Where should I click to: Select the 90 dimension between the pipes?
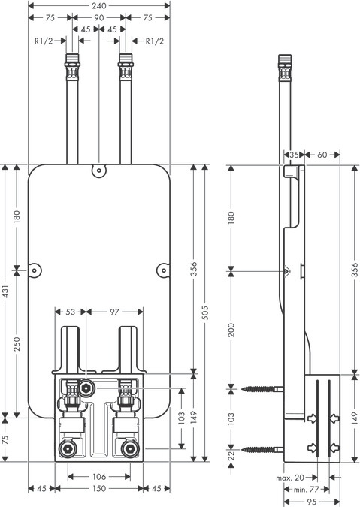(98, 17)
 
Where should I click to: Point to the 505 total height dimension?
(209, 312)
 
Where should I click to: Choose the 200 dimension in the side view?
(232, 329)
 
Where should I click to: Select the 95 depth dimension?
(312, 501)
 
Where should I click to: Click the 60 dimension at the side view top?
(322, 154)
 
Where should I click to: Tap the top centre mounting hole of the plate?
(98, 171)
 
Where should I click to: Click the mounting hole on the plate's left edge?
(33, 268)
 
